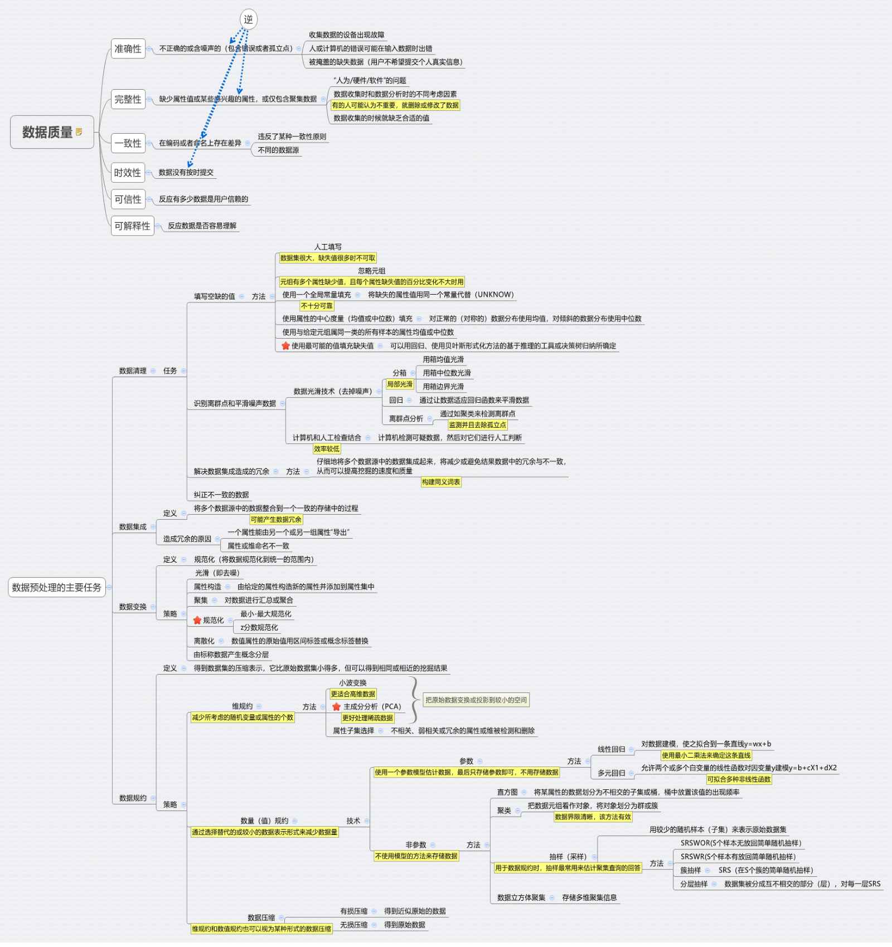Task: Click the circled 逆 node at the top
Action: tap(248, 19)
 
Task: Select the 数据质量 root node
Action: tap(48, 132)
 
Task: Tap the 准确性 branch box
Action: tap(128, 48)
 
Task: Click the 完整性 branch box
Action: tap(128, 99)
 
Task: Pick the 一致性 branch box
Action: tap(128, 143)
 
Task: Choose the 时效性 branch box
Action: tap(128, 173)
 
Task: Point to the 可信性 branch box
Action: tap(128, 199)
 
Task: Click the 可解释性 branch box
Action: tap(132, 226)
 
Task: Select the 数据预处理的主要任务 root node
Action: tap(56, 587)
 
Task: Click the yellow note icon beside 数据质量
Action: tap(79, 132)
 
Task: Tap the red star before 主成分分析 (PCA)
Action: tap(336, 706)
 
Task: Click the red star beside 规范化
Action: tap(197, 620)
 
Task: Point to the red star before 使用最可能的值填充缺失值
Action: tap(285, 346)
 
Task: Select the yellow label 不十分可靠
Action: tap(316, 306)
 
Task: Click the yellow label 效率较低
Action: tap(326, 449)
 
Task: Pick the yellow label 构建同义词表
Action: tap(441, 482)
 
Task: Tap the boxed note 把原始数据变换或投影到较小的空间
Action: tap(476, 700)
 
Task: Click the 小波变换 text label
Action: tap(352, 683)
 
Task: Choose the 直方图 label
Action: tap(507, 792)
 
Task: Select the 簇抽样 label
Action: tap(690, 870)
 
